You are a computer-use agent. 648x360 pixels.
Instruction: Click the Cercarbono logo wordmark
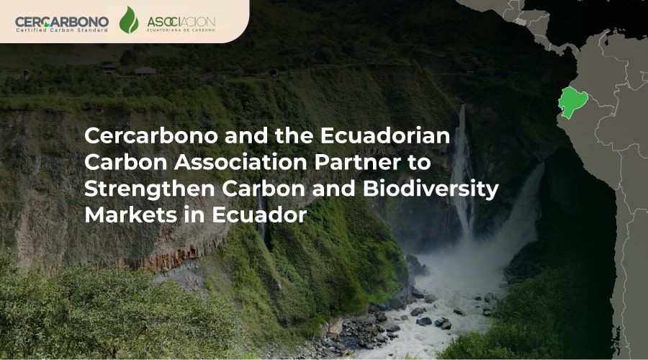click(62, 22)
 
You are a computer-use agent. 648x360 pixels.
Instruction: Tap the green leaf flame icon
click(129, 20)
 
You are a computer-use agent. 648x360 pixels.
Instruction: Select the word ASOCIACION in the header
click(181, 22)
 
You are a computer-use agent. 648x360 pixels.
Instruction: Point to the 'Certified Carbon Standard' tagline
click(62, 30)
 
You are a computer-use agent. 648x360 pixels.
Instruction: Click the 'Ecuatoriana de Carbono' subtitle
click(181, 30)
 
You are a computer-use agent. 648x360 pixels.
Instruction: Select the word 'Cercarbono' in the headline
click(151, 136)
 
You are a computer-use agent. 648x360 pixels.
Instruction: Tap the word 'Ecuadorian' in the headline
click(384, 136)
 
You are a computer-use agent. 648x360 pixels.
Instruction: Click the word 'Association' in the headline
click(240, 162)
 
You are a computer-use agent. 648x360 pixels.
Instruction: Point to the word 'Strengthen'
click(150, 189)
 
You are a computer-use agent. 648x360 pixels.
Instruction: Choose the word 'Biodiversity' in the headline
click(431, 189)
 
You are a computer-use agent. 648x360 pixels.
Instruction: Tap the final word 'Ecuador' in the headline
click(259, 215)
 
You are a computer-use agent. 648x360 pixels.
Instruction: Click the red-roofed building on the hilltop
click(145, 71)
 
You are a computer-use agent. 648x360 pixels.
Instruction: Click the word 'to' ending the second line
click(419, 163)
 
